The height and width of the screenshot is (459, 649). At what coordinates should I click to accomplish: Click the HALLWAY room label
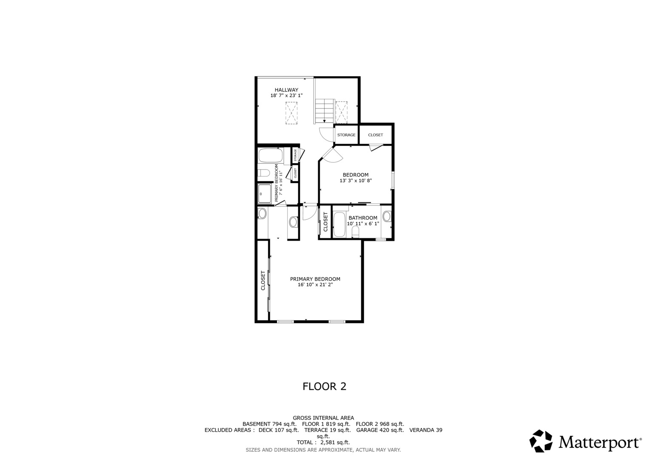286,90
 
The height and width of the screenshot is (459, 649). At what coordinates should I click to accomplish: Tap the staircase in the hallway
324,110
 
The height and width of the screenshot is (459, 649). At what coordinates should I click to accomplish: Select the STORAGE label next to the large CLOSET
346,135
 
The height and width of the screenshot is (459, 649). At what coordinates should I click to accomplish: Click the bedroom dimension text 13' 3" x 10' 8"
355,181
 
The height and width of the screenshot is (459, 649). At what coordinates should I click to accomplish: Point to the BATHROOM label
363,218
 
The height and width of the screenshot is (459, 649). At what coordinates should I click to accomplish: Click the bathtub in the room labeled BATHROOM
340,224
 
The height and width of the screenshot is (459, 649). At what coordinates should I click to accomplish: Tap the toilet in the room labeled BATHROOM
355,232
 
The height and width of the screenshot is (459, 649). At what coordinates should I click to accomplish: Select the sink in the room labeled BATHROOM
386,216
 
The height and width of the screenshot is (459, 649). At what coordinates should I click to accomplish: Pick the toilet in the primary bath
264,173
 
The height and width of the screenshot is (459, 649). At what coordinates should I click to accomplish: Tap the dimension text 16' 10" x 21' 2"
315,285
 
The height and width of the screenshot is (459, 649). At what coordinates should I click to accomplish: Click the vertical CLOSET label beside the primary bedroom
263,280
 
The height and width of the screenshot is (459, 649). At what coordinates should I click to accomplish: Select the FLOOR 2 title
324,386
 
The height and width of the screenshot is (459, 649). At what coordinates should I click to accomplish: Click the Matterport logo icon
541,441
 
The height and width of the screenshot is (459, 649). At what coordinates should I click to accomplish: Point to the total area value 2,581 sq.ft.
334,442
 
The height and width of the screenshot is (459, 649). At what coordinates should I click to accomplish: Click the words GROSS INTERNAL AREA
323,418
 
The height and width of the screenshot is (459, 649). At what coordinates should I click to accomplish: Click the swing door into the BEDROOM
332,154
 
